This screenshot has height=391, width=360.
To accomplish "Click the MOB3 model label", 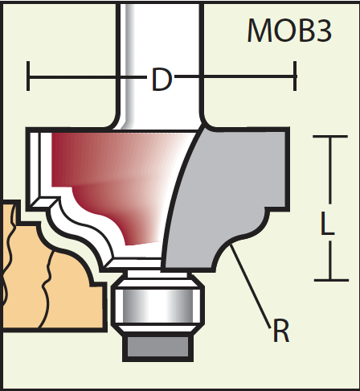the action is pyautogui.click(x=289, y=30).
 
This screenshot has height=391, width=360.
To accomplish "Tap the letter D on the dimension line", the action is pyautogui.click(x=161, y=80).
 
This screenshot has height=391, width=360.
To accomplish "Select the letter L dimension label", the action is pyautogui.click(x=327, y=223).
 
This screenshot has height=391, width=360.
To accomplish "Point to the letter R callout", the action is pyautogui.click(x=281, y=331).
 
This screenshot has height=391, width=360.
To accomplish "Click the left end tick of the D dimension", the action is pyautogui.click(x=28, y=76).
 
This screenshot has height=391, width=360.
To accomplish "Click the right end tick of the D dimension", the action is pyautogui.click(x=295, y=76).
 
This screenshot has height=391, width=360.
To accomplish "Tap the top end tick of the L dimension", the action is pyautogui.click(x=330, y=137).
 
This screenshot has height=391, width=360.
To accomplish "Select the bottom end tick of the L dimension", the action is pyautogui.click(x=331, y=280).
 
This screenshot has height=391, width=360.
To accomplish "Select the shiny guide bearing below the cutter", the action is pyautogui.click(x=158, y=306).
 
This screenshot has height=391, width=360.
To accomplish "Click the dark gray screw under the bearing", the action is pyautogui.click(x=158, y=348).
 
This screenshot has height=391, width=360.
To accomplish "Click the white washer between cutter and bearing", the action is pyautogui.click(x=157, y=274).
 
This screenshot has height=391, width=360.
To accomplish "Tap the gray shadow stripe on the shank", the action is pyautogui.click(x=129, y=64).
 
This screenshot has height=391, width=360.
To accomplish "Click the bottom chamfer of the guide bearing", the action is pyautogui.click(x=158, y=329).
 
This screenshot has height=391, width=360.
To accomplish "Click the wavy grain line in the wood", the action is pyautogui.click(x=46, y=290).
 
